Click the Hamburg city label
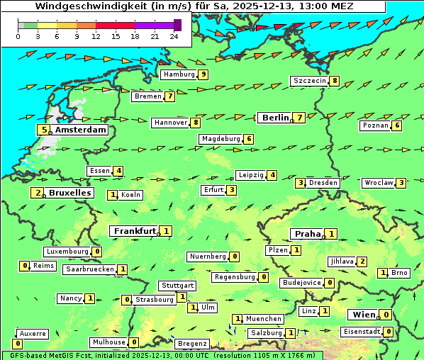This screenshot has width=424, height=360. point(179,74)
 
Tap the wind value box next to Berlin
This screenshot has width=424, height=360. point(300,118)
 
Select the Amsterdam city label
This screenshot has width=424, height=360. point(80,130)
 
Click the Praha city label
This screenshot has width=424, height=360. point(308,234)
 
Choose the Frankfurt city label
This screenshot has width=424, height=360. point(135,231)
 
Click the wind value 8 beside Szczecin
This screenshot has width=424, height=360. point(334,81)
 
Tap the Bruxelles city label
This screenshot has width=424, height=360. point(69,193)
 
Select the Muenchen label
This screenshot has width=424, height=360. point(264,319)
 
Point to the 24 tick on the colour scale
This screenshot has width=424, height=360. point(174,36)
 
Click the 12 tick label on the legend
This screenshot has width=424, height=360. point(96,36)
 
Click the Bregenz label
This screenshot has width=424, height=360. point(192,344)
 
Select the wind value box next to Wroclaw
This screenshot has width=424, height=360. point(401,183)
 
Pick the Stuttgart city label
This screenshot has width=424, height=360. point(177,286)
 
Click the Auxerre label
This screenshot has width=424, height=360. point(33,333)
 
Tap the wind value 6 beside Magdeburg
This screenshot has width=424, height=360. point(249,139)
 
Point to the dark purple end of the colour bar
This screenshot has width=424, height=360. point(177,25)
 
